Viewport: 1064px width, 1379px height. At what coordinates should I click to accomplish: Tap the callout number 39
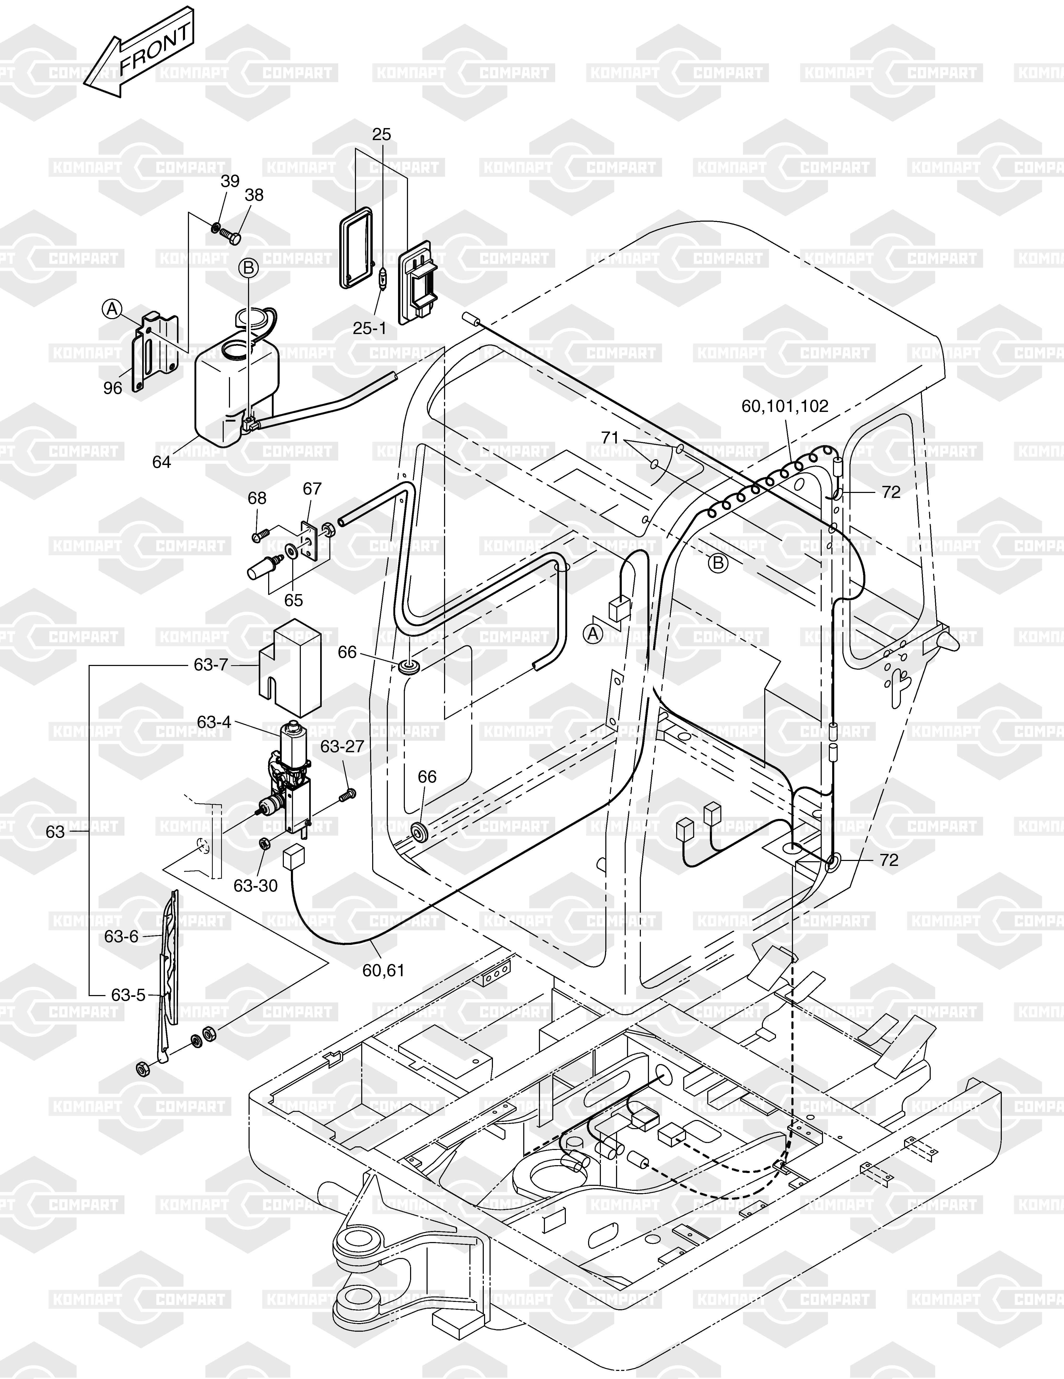(230, 181)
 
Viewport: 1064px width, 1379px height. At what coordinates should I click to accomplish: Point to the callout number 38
(254, 195)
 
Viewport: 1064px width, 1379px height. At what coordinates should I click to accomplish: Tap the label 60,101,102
(785, 406)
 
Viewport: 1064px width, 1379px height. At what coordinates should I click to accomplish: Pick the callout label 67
(312, 489)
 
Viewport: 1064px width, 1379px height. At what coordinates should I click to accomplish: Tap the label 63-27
(342, 746)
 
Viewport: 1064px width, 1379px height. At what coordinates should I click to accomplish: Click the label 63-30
(256, 886)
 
